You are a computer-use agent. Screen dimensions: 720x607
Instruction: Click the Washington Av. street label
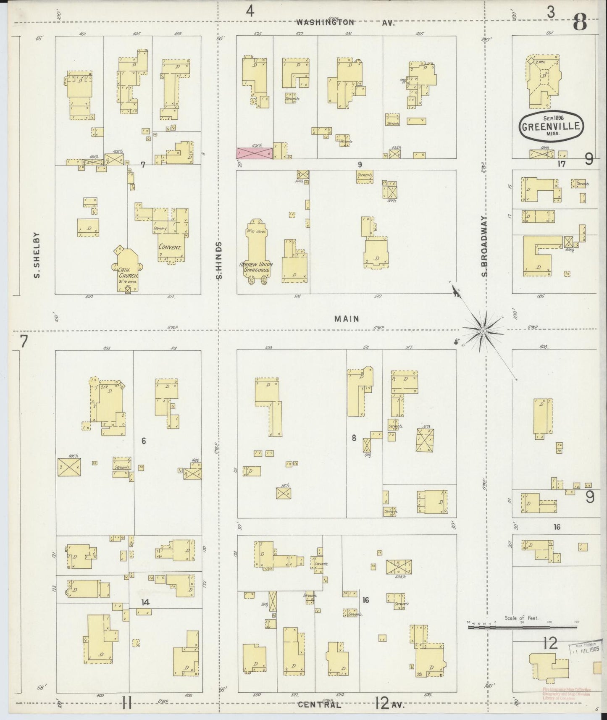click(x=346, y=23)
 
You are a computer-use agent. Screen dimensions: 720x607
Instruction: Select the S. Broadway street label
click(x=485, y=247)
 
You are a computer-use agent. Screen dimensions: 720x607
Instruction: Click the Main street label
click(x=347, y=319)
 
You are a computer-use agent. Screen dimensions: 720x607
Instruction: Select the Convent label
click(x=170, y=247)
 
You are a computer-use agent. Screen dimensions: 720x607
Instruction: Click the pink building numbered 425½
click(x=255, y=153)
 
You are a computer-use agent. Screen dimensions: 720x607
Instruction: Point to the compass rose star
click(x=483, y=331)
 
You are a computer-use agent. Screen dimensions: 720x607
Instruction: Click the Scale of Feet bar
click(x=522, y=628)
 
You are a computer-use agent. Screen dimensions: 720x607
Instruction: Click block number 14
click(x=145, y=602)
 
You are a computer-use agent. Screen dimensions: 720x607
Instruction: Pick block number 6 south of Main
click(x=144, y=441)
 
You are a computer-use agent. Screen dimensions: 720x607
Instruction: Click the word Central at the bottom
click(x=319, y=704)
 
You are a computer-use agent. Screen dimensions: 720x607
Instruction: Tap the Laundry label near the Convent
click(x=160, y=229)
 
